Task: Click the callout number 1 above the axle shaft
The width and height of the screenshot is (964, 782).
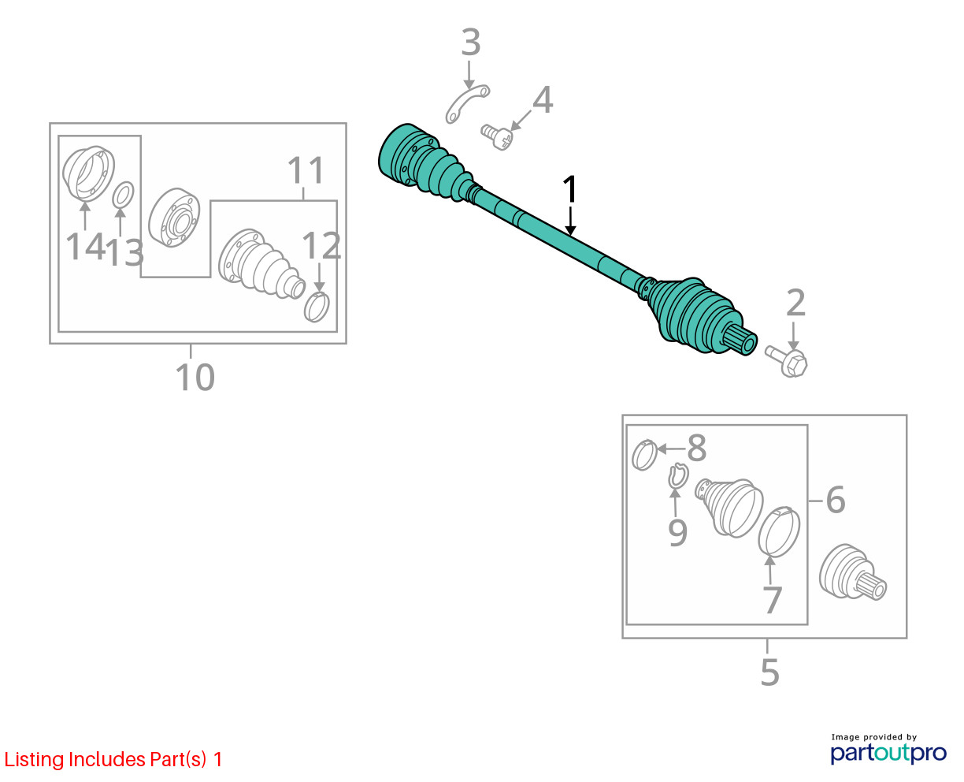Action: (569, 189)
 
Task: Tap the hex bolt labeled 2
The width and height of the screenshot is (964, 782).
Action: (787, 361)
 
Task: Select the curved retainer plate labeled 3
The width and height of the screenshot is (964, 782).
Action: (467, 104)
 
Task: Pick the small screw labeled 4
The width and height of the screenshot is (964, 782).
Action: (497, 137)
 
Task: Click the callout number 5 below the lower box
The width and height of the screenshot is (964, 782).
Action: (769, 672)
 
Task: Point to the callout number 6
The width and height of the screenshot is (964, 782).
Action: (836, 500)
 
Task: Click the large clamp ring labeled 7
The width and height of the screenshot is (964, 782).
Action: (779, 532)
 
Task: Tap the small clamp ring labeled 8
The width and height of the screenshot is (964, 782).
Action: (644, 455)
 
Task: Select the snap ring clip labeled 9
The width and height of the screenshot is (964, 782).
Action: (679, 476)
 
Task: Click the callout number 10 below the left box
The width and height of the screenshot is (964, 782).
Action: (195, 377)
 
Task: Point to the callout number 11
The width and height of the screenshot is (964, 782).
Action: (306, 170)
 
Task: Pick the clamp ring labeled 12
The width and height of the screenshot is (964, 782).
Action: (317, 307)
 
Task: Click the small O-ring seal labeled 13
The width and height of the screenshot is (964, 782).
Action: (123, 195)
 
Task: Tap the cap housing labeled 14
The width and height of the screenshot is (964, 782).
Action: (89, 173)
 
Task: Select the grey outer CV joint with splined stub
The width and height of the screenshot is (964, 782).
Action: (852, 572)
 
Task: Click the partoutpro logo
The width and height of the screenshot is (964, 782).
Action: (888, 753)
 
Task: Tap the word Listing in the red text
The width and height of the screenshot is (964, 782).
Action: (35, 760)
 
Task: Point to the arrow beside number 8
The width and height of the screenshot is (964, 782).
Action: (671, 449)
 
